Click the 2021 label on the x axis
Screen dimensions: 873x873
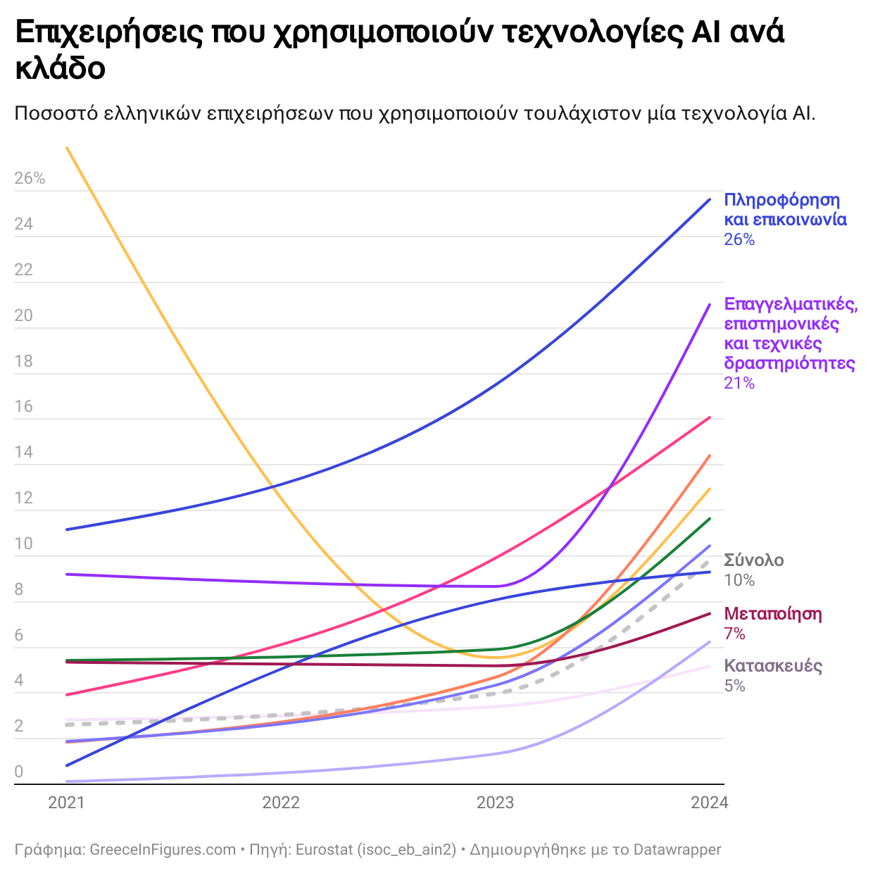66,803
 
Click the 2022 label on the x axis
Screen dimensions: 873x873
281,803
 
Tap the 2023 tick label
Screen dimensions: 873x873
496,803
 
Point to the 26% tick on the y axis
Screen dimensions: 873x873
30,179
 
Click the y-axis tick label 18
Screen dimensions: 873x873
24,361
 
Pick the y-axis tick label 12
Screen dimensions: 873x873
24,498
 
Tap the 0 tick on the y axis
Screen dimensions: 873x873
19,772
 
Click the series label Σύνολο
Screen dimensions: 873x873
754,560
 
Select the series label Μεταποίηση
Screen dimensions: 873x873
773,614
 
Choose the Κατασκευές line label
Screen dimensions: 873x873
773,666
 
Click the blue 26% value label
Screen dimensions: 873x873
739,240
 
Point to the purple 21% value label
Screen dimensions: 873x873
739,384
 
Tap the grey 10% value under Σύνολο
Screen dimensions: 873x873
739,581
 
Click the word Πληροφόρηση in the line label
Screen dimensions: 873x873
782,200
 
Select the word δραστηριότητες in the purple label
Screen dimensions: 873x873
790,364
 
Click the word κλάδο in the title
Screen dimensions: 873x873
61,68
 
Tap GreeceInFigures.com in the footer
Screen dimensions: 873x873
163,850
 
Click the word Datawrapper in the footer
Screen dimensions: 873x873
677,850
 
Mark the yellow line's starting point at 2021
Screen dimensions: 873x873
67,148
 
